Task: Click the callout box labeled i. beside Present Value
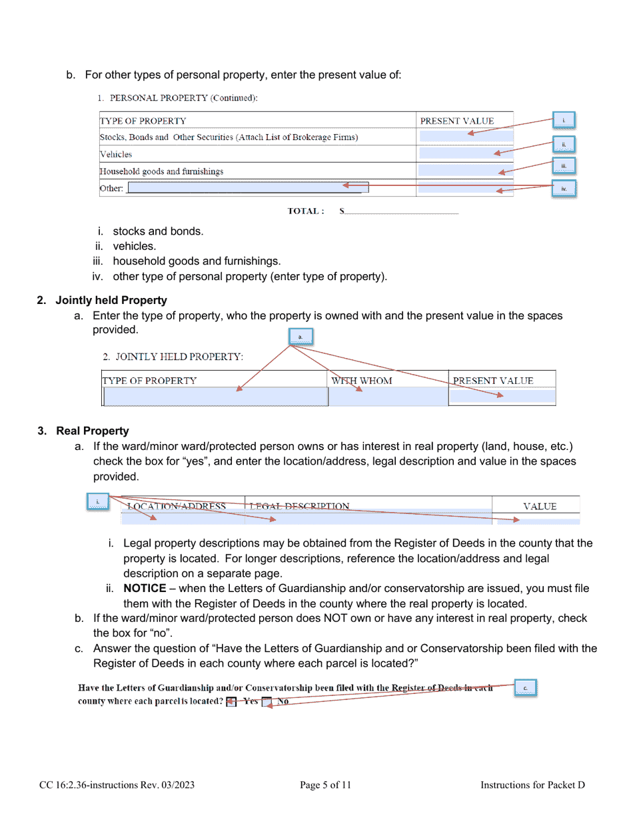[x=564, y=121]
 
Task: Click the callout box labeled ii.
[x=564, y=144]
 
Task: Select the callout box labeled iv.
[x=564, y=189]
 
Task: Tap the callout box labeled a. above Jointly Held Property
[x=301, y=337]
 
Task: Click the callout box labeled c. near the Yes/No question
[x=525, y=688]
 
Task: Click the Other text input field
[x=247, y=188]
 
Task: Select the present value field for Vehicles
[x=465, y=154]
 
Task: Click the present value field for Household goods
[x=465, y=171]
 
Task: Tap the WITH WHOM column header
[x=362, y=381]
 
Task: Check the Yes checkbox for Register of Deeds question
[x=231, y=701]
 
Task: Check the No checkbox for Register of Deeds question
[x=267, y=701]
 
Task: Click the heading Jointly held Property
[x=111, y=301]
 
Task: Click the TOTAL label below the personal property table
[x=306, y=211]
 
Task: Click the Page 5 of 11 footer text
[x=325, y=785]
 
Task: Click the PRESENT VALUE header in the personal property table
[x=457, y=121]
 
